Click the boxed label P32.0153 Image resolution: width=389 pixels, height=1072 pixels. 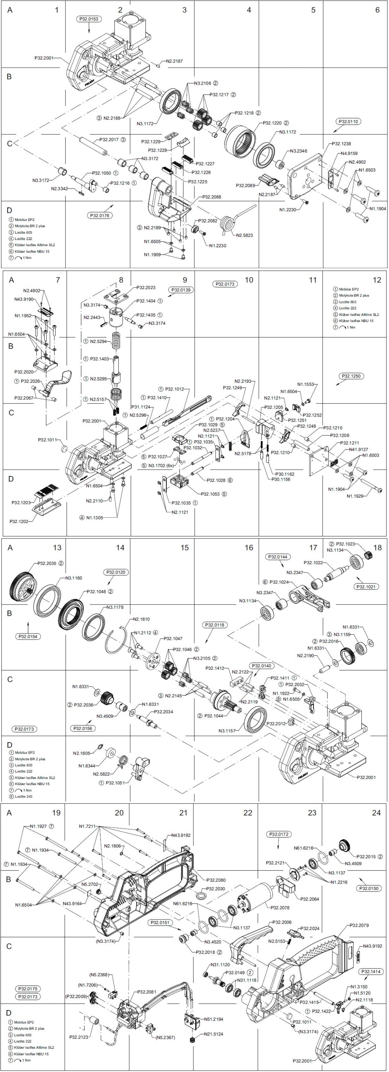point(89,19)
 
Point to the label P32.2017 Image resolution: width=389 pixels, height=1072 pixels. point(109,139)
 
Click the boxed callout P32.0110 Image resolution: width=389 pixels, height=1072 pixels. point(349,121)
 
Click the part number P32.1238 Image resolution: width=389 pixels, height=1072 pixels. point(341,144)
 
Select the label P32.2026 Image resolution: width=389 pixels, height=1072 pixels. point(30,381)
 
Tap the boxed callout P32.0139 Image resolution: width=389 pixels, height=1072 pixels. point(181,290)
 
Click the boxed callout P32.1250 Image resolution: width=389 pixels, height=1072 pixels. point(351,376)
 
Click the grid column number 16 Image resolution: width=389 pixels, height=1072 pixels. point(248,548)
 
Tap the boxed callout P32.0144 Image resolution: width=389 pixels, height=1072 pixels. point(278,557)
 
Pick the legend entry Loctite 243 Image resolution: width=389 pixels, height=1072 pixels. point(24,797)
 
